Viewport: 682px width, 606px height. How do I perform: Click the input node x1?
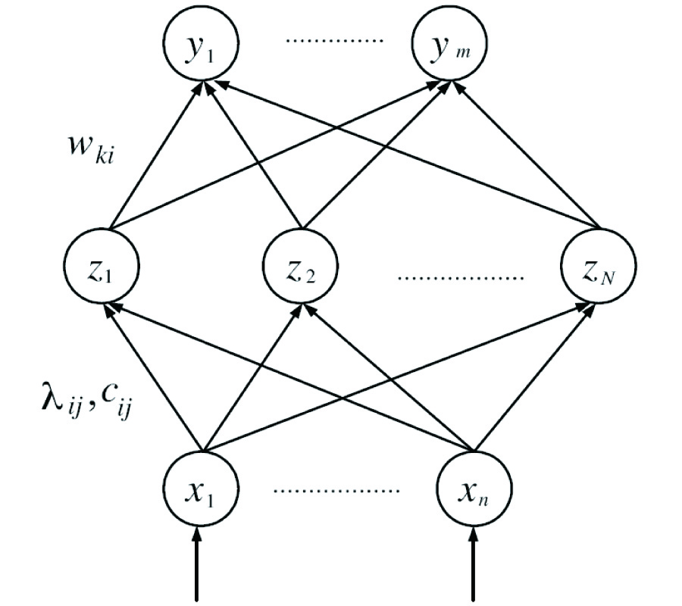pyautogui.click(x=199, y=485)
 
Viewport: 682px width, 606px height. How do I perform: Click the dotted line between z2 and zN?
pyautogui.click(x=461, y=277)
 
